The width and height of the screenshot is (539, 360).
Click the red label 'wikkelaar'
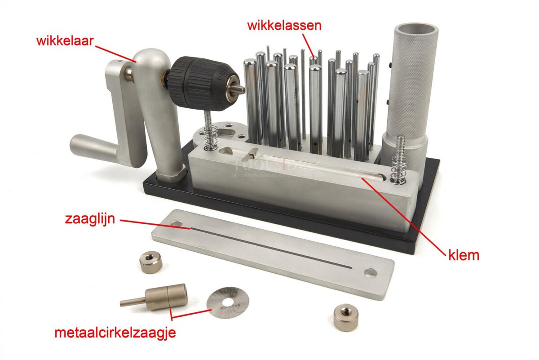pyautogui.click(x=65, y=42)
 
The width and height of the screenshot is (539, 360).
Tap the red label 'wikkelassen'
pyautogui.click(x=284, y=25)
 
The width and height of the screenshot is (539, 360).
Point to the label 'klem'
pyautogui.click(x=464, y=256)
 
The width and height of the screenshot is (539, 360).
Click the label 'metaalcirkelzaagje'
pyautogui.click(x=115, y=333)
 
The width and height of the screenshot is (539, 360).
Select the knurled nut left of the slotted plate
pyautogui.click(x=150, y=262)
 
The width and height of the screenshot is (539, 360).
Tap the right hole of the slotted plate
pyautogui.click(x=371, y=272)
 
